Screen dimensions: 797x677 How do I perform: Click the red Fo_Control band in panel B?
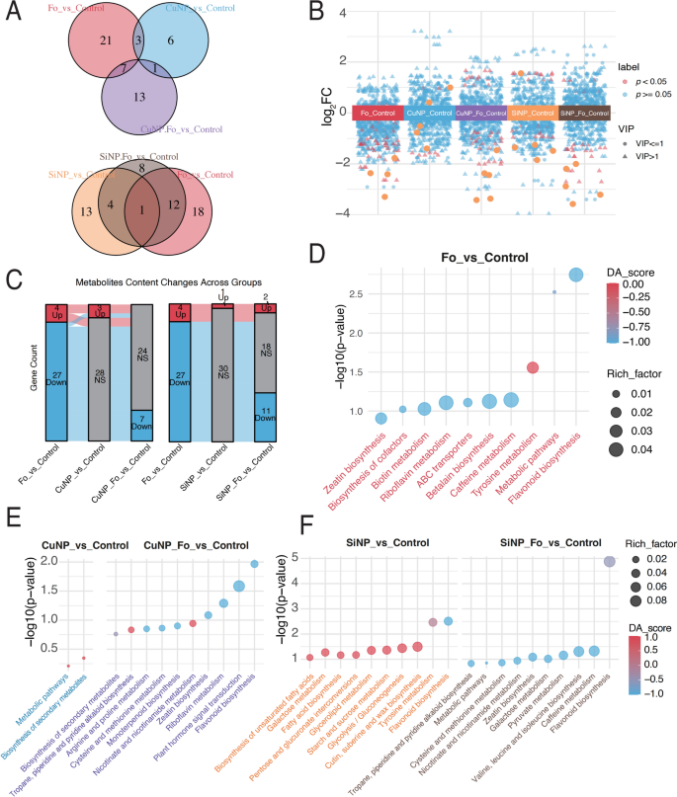click(x=379, y=114)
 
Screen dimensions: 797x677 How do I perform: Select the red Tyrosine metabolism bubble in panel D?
click(x=533, y=367)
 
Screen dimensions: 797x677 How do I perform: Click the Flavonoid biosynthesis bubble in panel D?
click(x=577, y=275)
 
